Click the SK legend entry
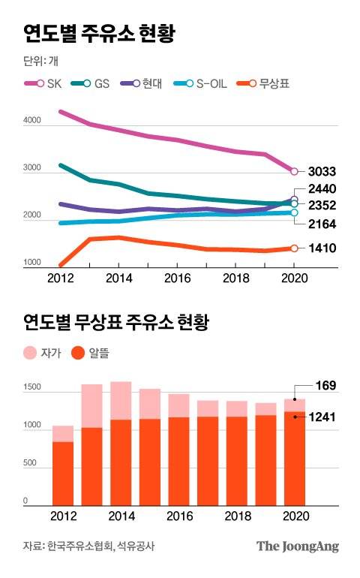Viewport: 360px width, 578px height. pos(43,84)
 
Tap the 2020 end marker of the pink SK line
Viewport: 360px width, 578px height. pos(294,172)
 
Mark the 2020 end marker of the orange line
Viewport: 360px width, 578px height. pos(294,248)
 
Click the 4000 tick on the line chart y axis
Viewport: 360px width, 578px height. pos(32,120)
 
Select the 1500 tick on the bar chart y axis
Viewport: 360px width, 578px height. pos(33,388)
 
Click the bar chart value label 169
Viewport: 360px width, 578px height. pos(325,387)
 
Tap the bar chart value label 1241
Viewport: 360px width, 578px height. pos(325,417)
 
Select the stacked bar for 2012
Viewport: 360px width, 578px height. pos(63,465)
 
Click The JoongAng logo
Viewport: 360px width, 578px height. pos(298,546)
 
